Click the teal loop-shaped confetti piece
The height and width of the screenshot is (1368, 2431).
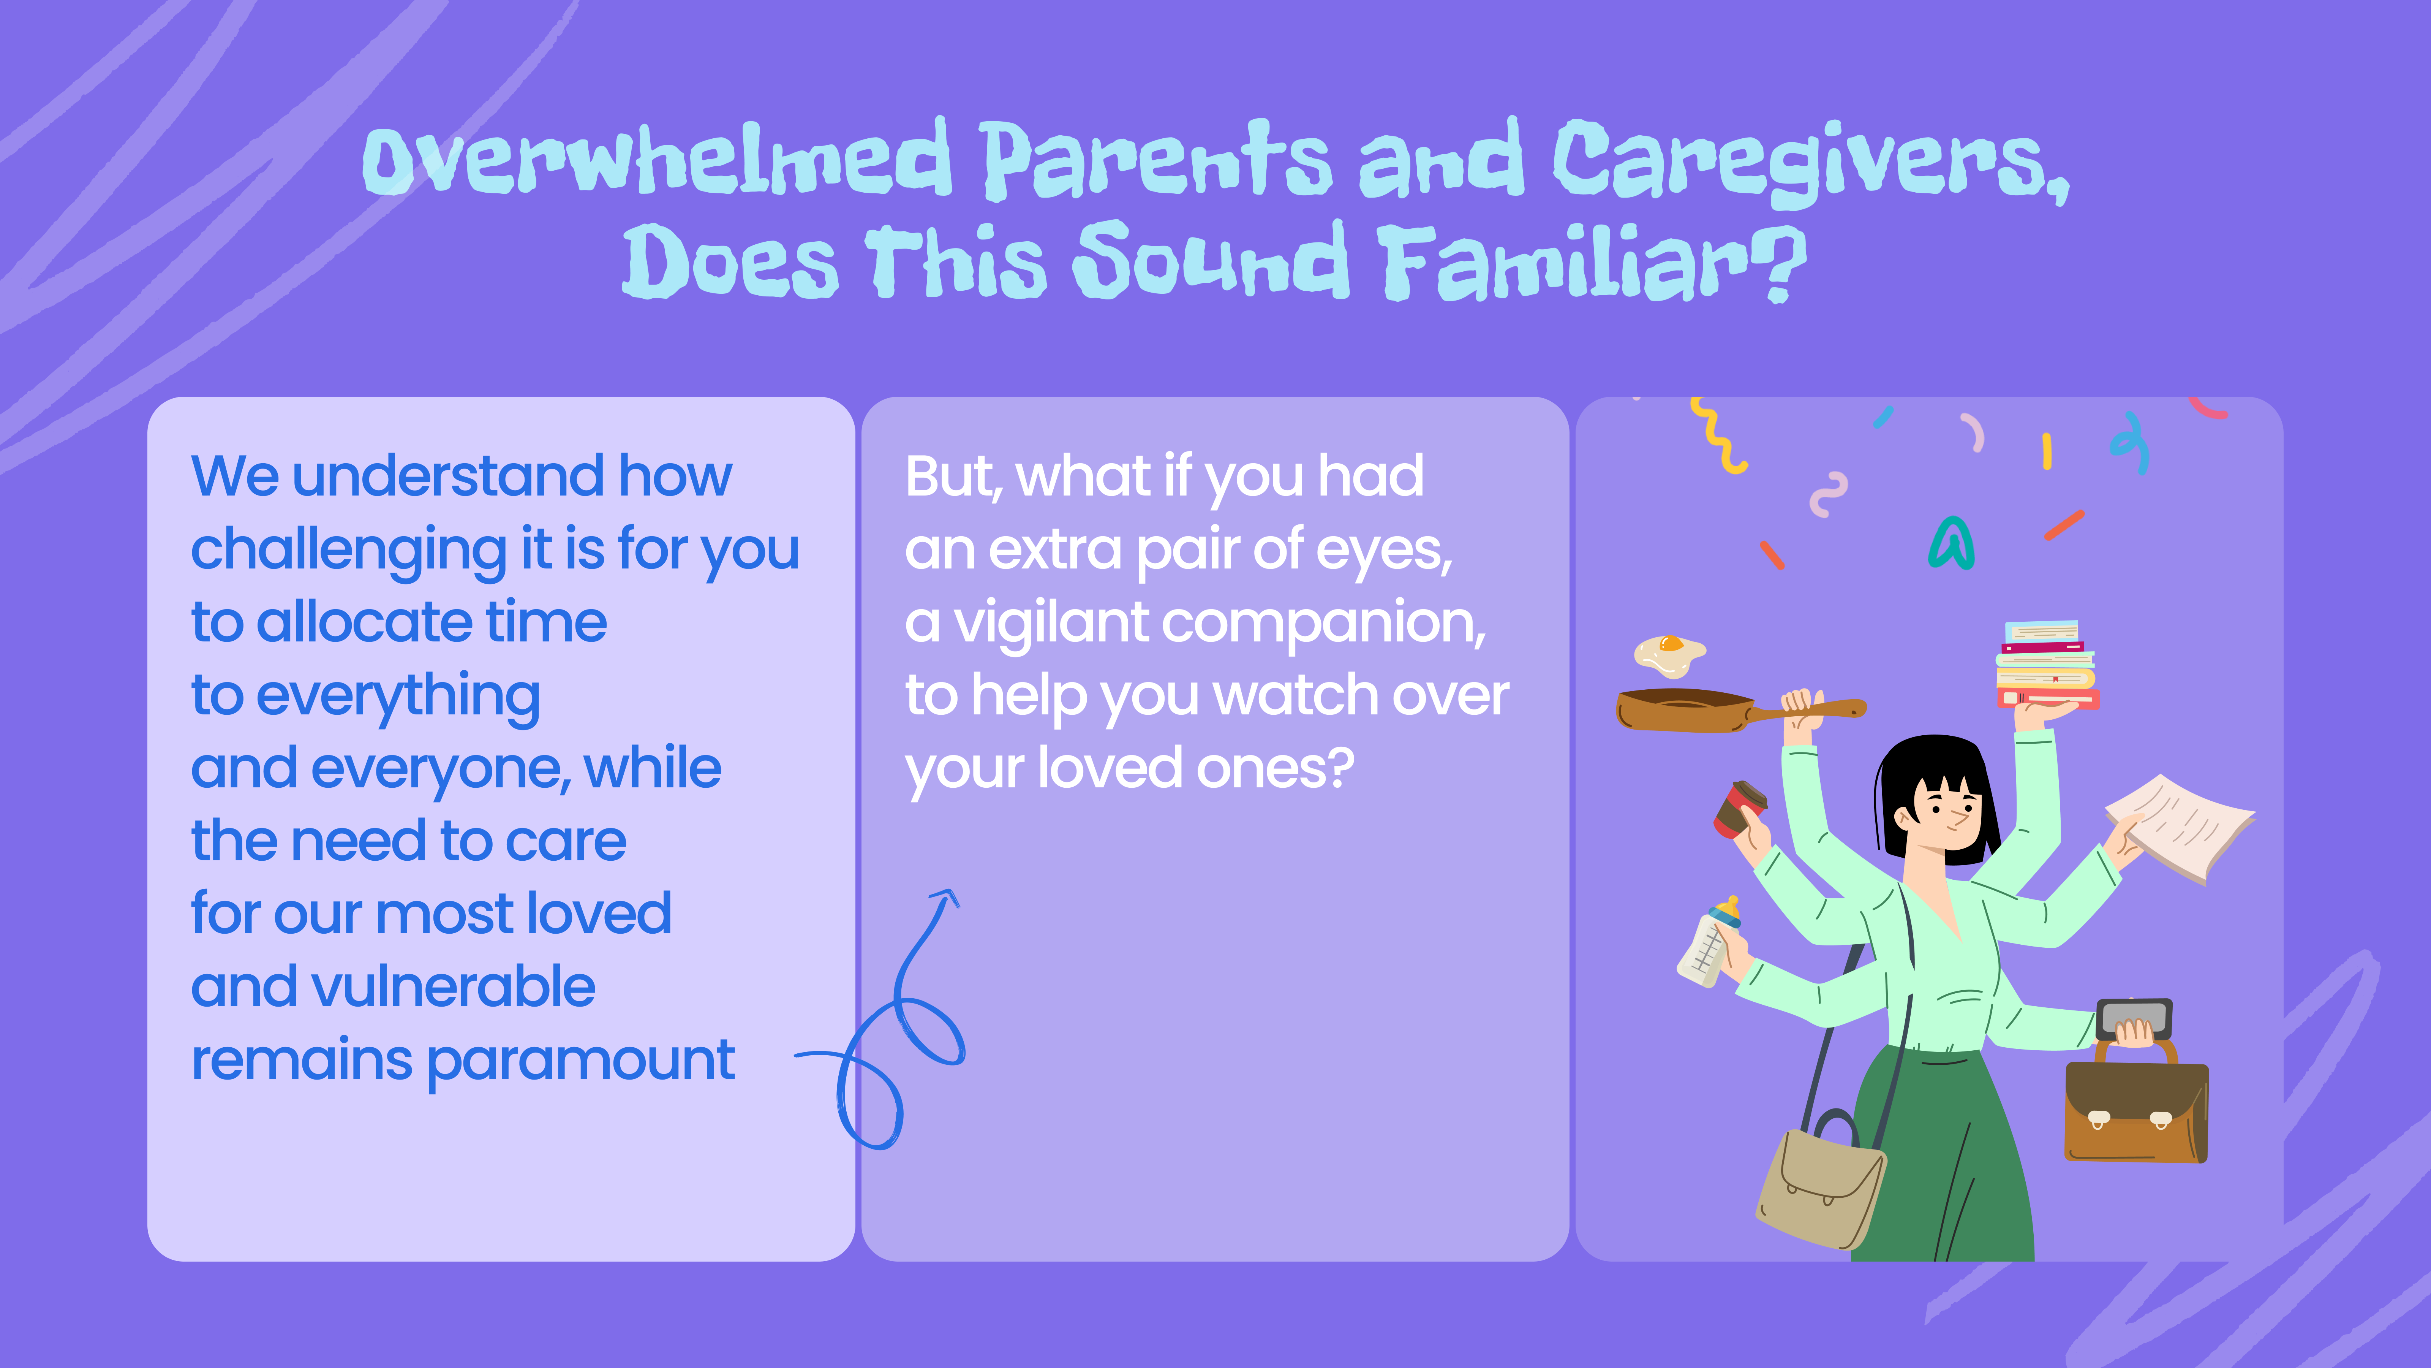click(x=1950, y=545)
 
